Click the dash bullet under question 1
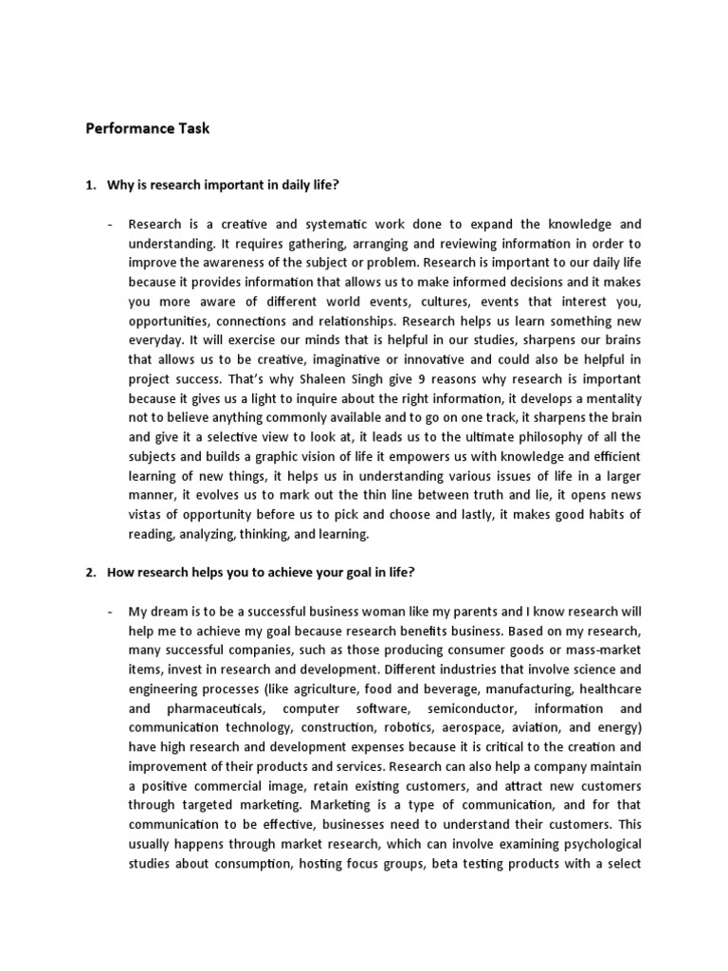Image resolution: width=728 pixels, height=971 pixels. click(x=111, y=225)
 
